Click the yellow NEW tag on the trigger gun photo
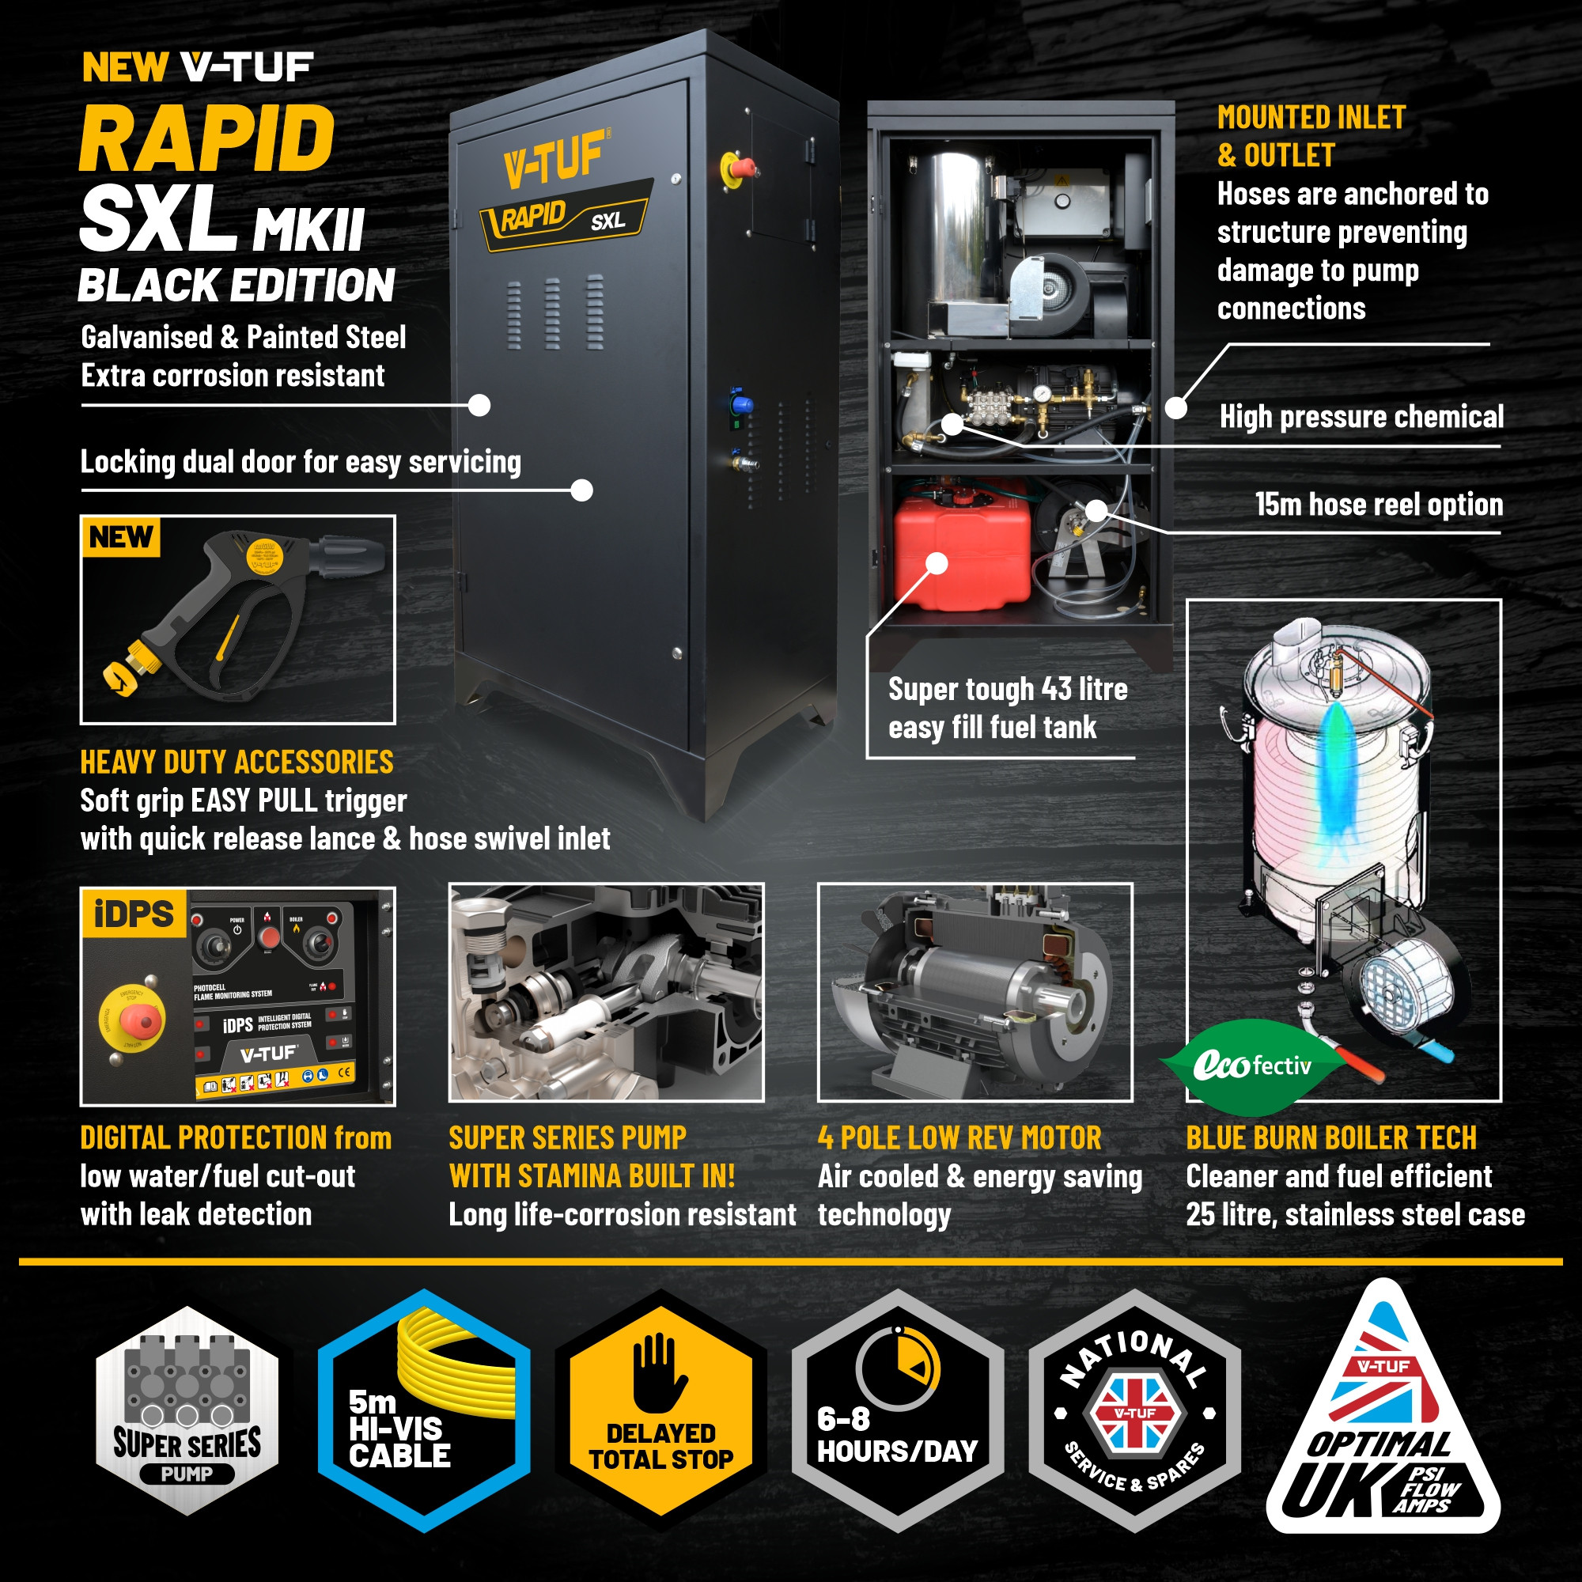coord(120,537)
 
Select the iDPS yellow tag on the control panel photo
coord(134,913)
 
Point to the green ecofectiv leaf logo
coord(1251,1065)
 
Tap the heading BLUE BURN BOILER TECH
coord(1330,1138)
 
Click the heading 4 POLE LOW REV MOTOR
coord(959,1138)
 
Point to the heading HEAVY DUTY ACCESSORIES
coord(236,763)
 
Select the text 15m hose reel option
coord(1378,505)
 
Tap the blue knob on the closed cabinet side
coord(743,403)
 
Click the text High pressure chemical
coord(1361,417)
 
